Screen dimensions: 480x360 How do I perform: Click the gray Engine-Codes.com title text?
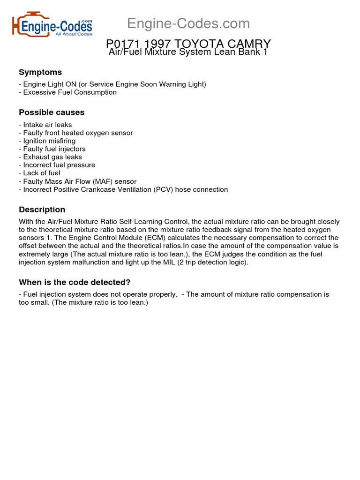point(188,23)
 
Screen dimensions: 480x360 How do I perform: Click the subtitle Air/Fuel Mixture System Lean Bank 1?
point(188,52)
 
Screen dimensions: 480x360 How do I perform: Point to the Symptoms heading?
point(40,72)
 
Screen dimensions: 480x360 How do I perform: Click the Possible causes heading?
point(52,112)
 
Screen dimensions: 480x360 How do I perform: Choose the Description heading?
point(42,210)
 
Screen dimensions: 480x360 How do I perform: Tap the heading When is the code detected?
point(75,282)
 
